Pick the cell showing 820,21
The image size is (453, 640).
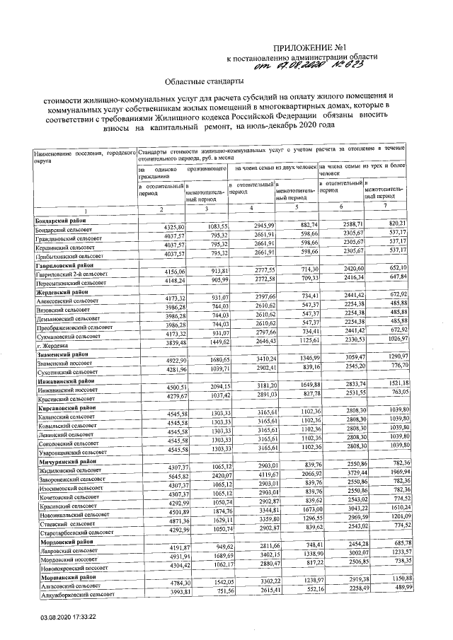[x=395, y=223]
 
